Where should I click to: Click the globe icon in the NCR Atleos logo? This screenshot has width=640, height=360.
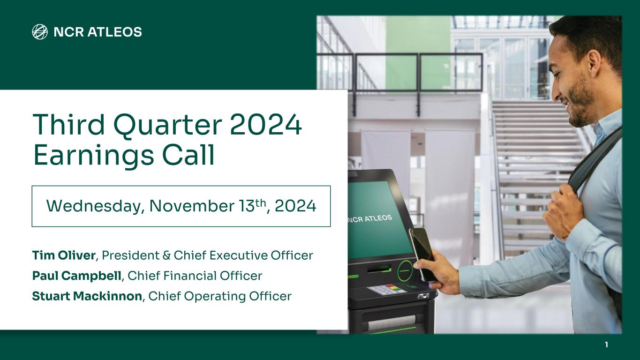40,32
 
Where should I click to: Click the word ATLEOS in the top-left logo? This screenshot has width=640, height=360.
114,32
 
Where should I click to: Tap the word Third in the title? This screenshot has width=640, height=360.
69,124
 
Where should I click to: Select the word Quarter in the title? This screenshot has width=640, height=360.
168,126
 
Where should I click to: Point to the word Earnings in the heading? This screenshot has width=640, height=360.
94,156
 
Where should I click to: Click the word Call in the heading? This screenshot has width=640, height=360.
188,155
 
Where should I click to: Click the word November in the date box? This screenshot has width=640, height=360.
192,206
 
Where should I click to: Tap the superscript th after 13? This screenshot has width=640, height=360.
260,202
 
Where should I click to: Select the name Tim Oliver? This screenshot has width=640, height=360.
64,255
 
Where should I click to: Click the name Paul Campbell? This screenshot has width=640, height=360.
76,276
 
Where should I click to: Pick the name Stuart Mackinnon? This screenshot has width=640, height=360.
87,296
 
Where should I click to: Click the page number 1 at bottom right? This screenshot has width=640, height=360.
606,345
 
